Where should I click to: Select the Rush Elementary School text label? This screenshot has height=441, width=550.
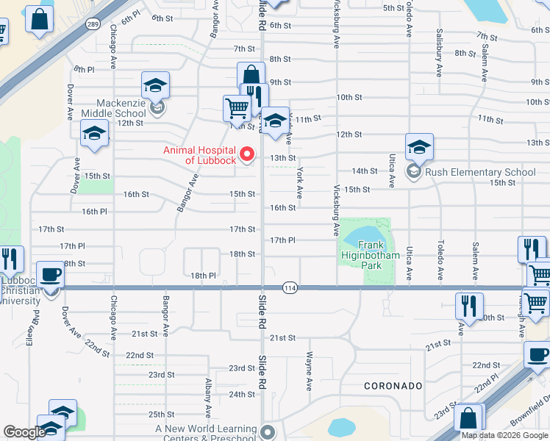(x=480, y=173)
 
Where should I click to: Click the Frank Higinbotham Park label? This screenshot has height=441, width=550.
(x=371, y=251)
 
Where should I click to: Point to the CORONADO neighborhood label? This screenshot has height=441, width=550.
(x=393, y=386)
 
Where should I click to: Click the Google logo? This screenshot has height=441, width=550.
(x=24, y=432)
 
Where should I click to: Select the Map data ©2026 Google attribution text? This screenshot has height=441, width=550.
(x=504, y=435)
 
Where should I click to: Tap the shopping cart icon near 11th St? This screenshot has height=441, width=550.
(x=237, y=108)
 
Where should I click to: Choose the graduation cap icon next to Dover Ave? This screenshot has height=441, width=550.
(x=94, y=133)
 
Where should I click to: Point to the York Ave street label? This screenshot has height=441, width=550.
(x=299, y=183)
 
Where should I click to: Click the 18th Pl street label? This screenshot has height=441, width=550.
(x=203, y=276)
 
